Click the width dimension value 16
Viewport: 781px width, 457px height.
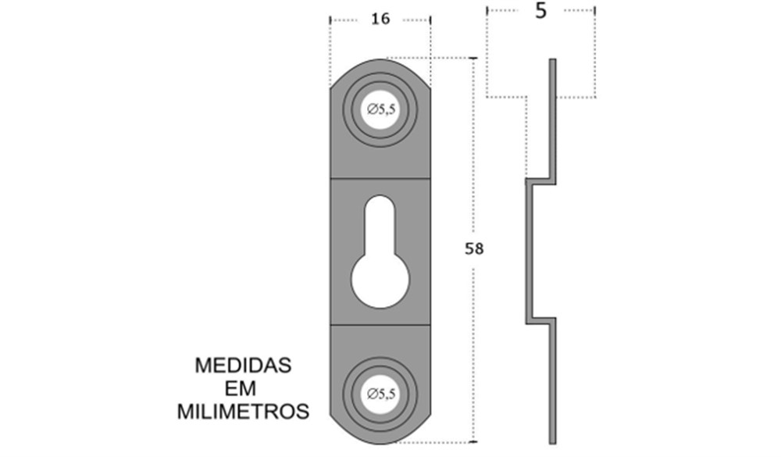(x=380, y=19)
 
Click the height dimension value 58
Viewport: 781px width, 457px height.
(x=474, y=248)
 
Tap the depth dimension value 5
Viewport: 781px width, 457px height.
(x=541, y=11)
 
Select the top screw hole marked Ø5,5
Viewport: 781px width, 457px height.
(x=381, y=109)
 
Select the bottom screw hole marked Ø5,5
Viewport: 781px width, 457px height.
(x=381, y=395)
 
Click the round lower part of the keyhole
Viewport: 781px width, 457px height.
(x=380, y=280)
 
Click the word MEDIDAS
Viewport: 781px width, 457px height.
(x=243, y=366)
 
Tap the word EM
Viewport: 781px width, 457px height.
(x=241, y=388)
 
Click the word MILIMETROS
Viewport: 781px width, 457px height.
(x=243, y=412)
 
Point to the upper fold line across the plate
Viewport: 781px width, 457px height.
(x=380, y=178)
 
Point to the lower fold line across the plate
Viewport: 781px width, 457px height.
(x=380, y=325)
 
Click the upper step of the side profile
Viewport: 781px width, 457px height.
(x=540, y=181)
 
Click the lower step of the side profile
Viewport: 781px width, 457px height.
(x=540, y=321)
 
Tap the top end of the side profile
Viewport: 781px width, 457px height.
(x=552, y=60)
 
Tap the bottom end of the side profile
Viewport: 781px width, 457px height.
(x=552, y=442)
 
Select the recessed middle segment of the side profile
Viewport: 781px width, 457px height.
(x=530, y=251)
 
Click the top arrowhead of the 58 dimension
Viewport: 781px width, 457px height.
(x=473, y=59)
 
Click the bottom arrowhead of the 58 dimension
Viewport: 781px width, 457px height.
(x=473, y=441)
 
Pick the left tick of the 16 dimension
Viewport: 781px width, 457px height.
(x=330, y=20)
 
